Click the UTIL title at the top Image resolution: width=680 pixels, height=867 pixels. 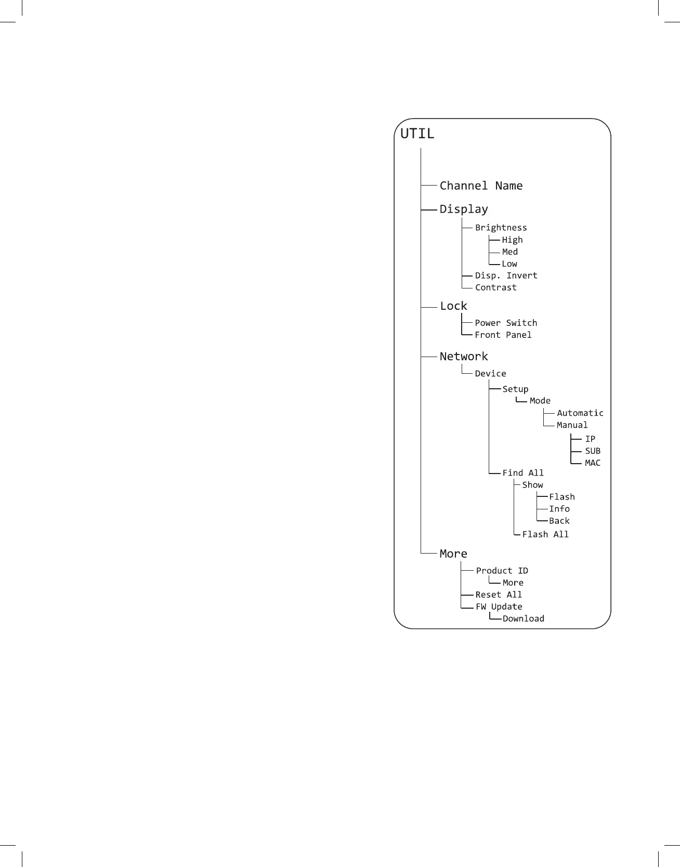[417, 134]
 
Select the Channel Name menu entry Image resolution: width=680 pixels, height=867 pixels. [481, 186]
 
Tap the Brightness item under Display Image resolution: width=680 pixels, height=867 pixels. [501, 228]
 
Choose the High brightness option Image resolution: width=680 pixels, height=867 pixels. [512, 240]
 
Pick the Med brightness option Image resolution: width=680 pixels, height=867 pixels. [509, 252]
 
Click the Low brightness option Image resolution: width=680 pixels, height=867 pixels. [509, 264]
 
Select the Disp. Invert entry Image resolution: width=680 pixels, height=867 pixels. [506, 275]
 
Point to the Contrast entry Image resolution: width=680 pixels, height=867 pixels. [495, 287]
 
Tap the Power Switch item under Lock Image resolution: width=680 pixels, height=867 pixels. [505, 323]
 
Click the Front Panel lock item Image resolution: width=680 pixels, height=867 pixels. [503, 335]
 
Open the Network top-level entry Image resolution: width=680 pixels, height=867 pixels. [464, 357]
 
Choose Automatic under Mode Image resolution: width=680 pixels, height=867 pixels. [580, 413]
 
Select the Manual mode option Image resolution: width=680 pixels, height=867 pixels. [572, 425]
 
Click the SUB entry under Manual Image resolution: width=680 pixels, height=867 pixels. [592, 451]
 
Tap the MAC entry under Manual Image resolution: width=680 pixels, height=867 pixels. [592, 463]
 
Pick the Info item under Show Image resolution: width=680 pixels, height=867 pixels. [559, 509]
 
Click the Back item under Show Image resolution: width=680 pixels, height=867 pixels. [559, 521]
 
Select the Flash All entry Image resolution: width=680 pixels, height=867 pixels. [545, 534]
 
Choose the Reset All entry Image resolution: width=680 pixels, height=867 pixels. [498, 595]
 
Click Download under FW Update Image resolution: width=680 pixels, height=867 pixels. [523, 619]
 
